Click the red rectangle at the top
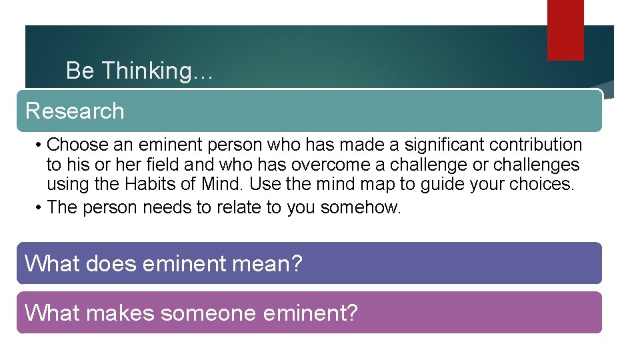coord(565,30)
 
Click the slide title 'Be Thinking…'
coord(139,71)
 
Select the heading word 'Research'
coord(75,111)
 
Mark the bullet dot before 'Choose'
coord(40,145)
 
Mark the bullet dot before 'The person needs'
coord(40,208)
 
